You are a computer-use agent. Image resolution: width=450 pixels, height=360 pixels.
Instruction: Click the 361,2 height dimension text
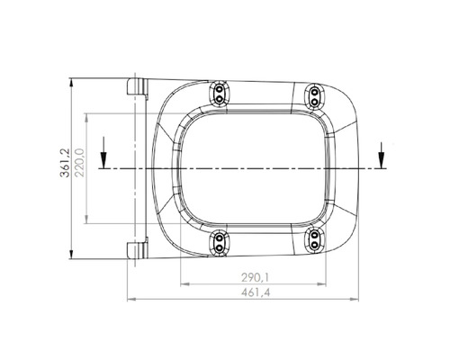pos(66,168)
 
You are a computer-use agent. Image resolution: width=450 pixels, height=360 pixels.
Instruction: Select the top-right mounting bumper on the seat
pos(315,96)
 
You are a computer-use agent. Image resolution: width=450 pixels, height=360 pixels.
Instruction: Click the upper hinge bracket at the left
pos(137,86)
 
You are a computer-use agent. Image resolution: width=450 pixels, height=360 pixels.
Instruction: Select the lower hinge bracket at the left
pos(137,248)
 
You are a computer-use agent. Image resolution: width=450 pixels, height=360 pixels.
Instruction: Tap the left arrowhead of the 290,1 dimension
pos(184,283)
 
